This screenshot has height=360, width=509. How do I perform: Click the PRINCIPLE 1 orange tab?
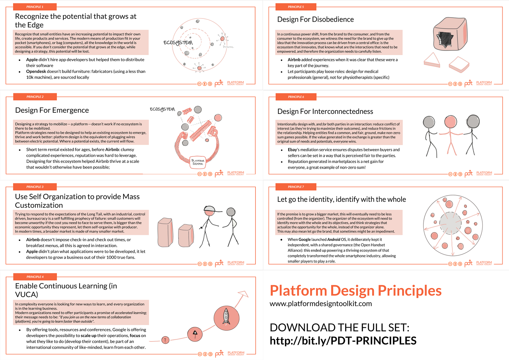(x=35, y=7)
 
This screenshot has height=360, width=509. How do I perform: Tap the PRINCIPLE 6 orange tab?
(x=296, y=97)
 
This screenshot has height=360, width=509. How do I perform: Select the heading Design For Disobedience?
(x=315, y=19)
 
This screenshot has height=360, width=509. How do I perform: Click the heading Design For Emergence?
(x=52, y=110)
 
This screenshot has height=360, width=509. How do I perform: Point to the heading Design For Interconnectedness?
(x=325, y=111)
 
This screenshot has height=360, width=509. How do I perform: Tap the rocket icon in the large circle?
(x=226, y=317)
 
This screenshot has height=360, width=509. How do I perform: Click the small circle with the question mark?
(x=165, y=340)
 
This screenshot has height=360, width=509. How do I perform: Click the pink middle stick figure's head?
(x=450, y=122)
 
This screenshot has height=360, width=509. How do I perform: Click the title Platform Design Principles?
(x=355, y=291)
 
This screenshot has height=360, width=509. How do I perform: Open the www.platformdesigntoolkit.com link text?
(x=321, y=304)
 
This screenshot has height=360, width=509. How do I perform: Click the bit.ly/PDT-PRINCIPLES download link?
(x=343, y=341)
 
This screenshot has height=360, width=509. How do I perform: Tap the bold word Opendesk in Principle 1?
(x=36, y=72)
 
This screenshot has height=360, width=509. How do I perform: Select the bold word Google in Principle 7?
(x=304, y=239)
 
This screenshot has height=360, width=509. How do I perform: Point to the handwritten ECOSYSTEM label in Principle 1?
(x=178, y=43)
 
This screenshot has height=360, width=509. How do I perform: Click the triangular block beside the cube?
(x=432, y=60)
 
